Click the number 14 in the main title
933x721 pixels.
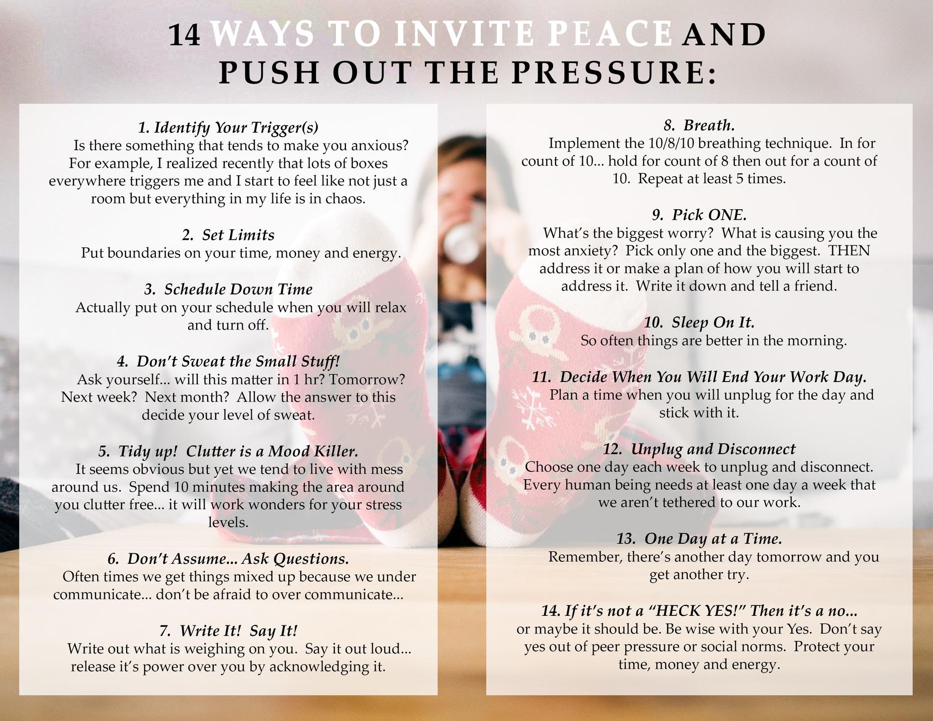pyautogui.click(x=185, y=36)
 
